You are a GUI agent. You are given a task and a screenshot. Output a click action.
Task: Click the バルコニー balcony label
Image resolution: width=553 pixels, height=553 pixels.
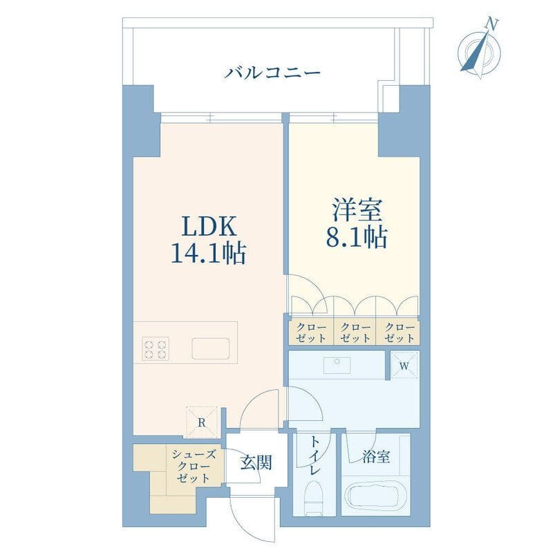point(272,72)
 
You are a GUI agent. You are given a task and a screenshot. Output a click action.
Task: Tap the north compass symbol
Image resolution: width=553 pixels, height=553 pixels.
point(480,47)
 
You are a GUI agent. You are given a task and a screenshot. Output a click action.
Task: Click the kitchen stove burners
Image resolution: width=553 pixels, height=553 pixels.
point(156,347)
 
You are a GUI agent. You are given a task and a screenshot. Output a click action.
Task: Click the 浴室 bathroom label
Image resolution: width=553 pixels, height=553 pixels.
point(375,456)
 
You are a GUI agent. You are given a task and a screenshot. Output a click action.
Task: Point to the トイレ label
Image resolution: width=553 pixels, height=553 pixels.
point(315,455)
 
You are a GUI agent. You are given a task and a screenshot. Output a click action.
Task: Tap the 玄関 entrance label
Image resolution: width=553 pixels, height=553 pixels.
point(255,462)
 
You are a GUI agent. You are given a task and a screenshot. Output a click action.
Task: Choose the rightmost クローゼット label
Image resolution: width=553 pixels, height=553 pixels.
point(398,333)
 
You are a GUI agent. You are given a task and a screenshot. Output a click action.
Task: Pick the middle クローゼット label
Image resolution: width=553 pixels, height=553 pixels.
point(354,333)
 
